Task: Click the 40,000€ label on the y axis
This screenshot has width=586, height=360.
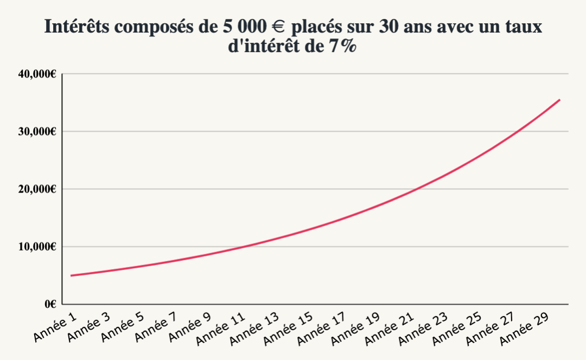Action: tap(37, 74)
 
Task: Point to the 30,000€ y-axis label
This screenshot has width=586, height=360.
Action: tap(37, 131)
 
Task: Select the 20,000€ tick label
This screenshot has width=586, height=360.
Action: tap(37, 189)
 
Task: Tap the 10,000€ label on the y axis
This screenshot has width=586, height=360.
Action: tap(37, 247)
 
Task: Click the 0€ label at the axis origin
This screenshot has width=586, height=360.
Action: tap(50, 304)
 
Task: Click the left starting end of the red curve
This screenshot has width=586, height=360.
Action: tap(71, 275)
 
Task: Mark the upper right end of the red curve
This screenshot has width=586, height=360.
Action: tap(559, 100)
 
